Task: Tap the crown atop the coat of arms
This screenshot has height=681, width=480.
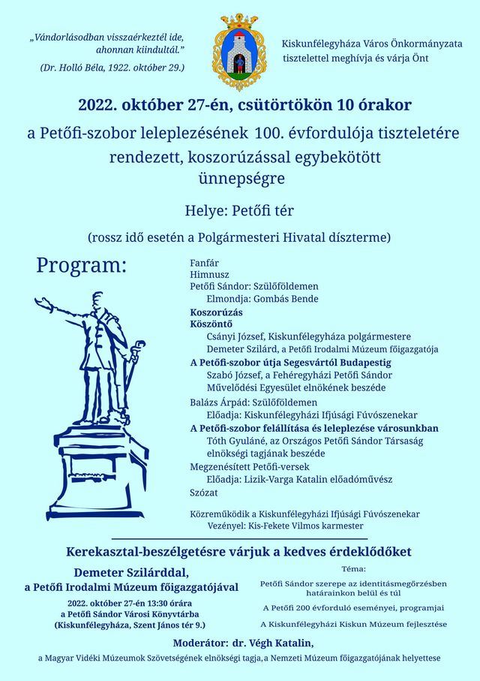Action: click(239, 21)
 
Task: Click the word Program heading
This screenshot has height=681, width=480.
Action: click(82, 265)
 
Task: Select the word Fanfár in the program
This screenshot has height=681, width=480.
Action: click(205, 264)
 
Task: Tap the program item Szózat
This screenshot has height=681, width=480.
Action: click(204, 493)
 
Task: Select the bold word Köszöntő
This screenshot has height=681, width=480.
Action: click(211, 324)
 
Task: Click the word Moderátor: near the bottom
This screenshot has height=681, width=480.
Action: click(200, 643)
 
